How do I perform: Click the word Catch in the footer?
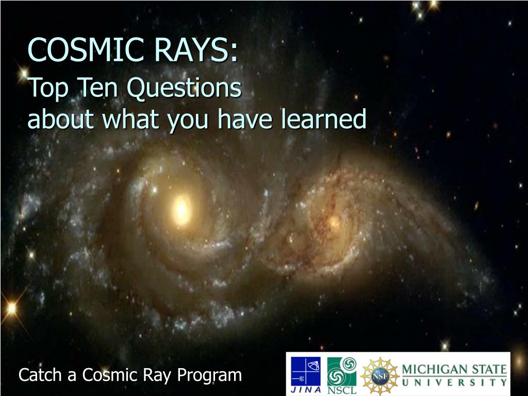tap(40, 375)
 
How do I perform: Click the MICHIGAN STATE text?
tap(454, 370)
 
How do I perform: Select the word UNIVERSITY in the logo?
tap(454, 383)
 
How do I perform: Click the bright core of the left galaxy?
tap(181, 208)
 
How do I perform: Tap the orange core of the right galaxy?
tap(334, 222)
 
